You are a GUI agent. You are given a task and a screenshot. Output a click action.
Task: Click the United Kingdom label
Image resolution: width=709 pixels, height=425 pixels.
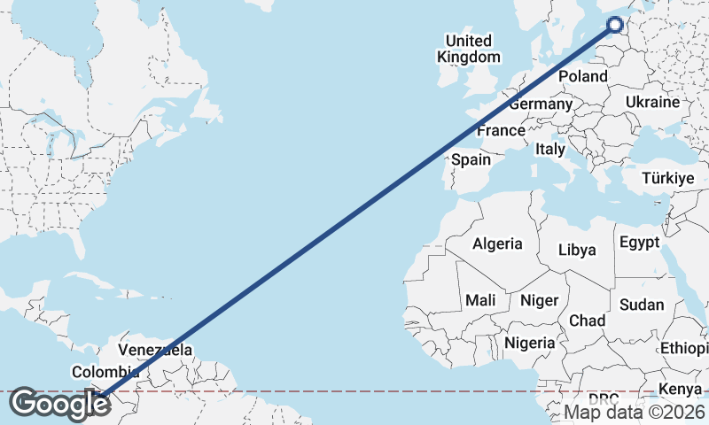pyautogui.click(x=468, y=49)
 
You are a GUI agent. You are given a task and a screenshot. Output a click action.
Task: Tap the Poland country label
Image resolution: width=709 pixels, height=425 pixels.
pyautogui.click(x=582, y=76)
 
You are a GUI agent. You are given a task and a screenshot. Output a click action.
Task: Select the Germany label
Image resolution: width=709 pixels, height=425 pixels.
pyautogui.click(x=541, y=104)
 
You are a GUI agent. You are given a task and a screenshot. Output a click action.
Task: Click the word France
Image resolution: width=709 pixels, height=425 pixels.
pyautogui.click(x=501, y=131)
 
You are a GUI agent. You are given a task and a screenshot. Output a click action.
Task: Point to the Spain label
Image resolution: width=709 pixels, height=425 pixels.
pyautogui.click(x=471, y=160)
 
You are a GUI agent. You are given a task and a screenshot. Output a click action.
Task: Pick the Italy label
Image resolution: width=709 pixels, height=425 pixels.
pyautogui.click(x=549, y=150)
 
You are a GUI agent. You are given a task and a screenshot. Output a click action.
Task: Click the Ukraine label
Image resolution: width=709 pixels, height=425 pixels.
pyautogui.click(x=652, y=103)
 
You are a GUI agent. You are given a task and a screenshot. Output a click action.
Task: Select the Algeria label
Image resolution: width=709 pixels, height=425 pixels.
pyautogui.click(x=497, y=243)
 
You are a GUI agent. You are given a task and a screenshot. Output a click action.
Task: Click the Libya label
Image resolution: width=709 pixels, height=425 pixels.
pyautogui.click(x=577, y=250)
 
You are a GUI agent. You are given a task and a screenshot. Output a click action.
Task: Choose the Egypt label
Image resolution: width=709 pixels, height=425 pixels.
pyautogui.click(x=639, y=242)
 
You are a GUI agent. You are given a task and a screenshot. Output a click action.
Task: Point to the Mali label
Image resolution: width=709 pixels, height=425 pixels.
pyautogui.click(x=480, y=300)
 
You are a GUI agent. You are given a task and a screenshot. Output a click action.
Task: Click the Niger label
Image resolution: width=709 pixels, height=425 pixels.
pyautogui.click(x=539, y=300)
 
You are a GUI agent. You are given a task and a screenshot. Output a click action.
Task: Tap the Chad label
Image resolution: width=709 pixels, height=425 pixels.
pyautogui.click(x=588, y=320)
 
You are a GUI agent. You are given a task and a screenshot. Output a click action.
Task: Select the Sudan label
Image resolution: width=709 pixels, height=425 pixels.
pyautogui.click(x=642, y=305)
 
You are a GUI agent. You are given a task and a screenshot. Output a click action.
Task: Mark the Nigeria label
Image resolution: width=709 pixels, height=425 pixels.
pyautogui.click(x=529, y=343)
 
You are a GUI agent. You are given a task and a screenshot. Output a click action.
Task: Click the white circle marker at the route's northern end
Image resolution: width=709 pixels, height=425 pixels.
pyautogui.click(x=617, y=26)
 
